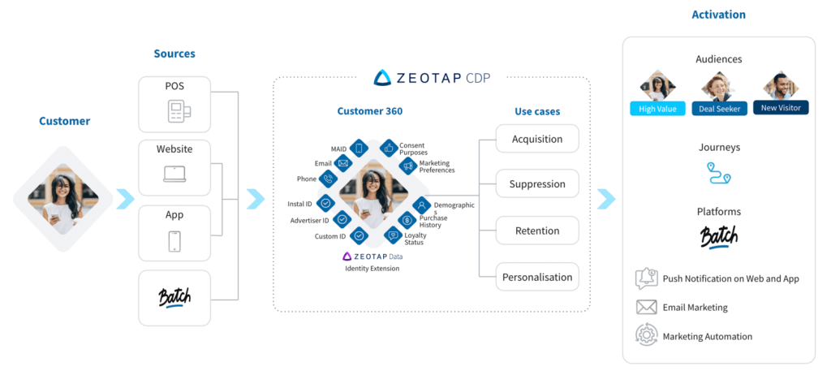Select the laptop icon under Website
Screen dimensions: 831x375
point(174,175)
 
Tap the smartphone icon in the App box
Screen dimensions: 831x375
point(174,241)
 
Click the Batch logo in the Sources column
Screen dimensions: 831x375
point(174,298)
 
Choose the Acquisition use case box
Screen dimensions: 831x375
point(537,139)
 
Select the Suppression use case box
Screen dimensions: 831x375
point(537,184)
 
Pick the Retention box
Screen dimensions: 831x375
point(537,231)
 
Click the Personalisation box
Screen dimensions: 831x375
point(537,277)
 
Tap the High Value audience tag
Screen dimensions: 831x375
point(657,109)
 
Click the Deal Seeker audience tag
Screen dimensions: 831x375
point(720,109)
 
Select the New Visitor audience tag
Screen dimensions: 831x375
point(781,108)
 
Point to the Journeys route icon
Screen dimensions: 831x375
point(719,173)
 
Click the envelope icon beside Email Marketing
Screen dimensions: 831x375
point(647,307)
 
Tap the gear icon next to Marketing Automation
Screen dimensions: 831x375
point(647,336)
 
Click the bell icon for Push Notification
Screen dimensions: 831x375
point(647,278)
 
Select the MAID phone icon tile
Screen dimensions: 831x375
point(359,149)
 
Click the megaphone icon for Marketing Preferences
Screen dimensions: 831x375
point(408,166)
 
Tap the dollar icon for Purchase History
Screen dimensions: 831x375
point(407,219)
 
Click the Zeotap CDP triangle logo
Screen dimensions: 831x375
point(382,78)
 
